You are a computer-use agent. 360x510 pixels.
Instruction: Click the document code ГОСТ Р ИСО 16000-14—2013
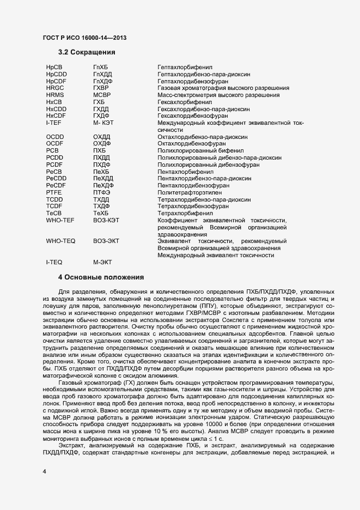[x=86, y=37]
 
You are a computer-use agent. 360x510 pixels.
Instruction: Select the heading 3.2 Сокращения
[x=87, y=52]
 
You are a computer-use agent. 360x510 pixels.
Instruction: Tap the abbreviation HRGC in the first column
[x=56, y=87]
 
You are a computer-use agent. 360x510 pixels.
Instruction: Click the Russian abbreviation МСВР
[x=102, y=94]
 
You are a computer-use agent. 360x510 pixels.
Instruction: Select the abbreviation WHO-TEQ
[x=60, y=241]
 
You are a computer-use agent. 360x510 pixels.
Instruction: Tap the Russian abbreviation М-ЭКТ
[x=103, y=262]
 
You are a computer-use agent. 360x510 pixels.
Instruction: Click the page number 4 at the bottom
[x=45, y=471]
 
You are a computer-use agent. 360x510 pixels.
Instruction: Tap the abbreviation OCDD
[x=56, y=137]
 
